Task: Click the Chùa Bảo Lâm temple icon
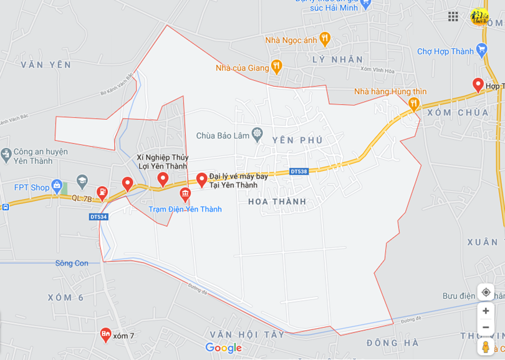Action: pos(256,134)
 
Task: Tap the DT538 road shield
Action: pos(299,171)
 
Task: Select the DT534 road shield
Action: pos(99,216)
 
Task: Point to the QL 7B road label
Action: pos(82,198)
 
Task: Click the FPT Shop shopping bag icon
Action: pos(57,187)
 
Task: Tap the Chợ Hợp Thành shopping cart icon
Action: pos(481,50)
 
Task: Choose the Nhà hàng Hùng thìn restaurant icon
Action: pos(413,104)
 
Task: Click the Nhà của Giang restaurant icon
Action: pos(277,66)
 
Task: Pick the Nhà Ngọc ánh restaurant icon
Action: pos(324,39)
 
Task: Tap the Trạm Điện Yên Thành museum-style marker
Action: pos(185,195)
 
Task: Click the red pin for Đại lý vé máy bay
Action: pos(202,180)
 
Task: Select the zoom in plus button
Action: pos(486,311)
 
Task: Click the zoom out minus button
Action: pos(486,328)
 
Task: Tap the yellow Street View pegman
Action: pos(486,346)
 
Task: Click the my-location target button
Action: pos(486,292)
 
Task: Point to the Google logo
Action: pos(223,348)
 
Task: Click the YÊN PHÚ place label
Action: pos(297,140)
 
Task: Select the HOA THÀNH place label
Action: pos(277,202)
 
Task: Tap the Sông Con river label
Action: pos(72,263)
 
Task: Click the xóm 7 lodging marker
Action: pos(105,336)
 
